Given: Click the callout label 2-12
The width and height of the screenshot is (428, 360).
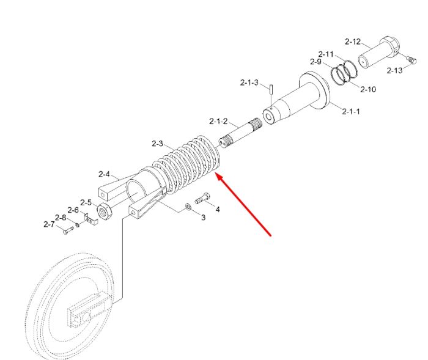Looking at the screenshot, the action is click(353, 42).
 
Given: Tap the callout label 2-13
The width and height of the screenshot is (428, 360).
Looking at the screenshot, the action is click(394, 70).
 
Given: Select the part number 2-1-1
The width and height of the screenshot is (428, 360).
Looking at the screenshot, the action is click(351, 111).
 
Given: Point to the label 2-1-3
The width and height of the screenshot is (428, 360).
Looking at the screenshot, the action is click(249, 82).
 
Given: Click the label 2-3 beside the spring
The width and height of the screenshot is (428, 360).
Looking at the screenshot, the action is click(158, 143).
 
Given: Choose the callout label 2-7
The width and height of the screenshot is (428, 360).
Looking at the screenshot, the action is click(49, 224).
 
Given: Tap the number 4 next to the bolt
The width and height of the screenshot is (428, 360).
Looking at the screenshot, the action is click(218, 210).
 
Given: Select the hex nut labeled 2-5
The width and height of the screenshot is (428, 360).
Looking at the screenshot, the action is click(105, 211).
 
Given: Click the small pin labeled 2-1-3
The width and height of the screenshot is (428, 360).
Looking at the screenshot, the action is click(271, 89).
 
